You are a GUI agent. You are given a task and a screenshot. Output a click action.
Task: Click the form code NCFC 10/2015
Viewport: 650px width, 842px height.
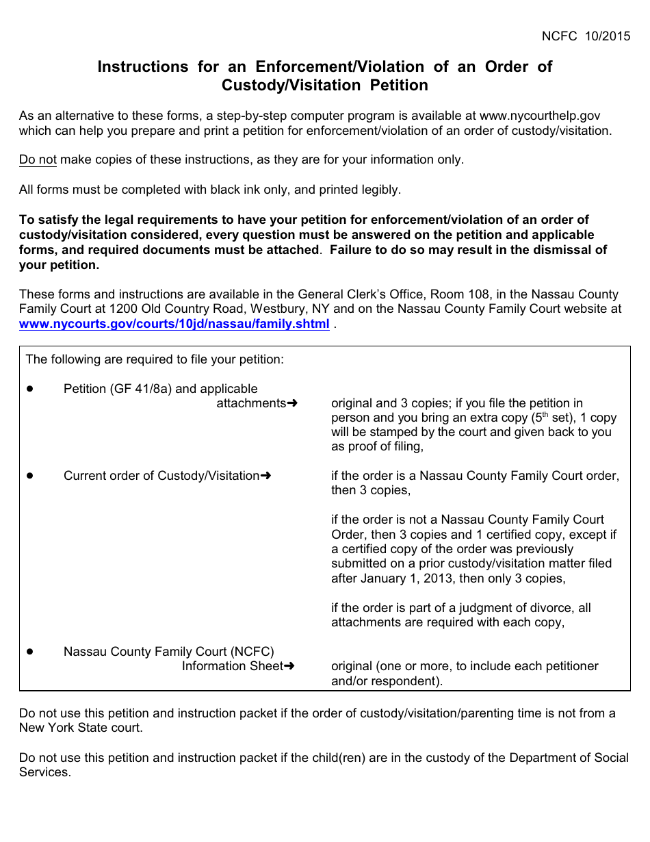(x=586, y=37)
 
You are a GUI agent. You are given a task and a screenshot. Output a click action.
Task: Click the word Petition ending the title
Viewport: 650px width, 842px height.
(x=399, y=86)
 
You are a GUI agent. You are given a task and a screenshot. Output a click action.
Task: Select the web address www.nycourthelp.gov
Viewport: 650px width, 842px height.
(x=540, y=116)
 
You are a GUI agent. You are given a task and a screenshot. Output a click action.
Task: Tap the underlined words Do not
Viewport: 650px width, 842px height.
(x=38, y=160)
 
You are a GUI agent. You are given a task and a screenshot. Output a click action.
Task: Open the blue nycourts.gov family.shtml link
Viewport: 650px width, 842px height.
(x=174, y=324)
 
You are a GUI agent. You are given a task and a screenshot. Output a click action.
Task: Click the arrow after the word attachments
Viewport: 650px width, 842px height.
(x=292, y=403)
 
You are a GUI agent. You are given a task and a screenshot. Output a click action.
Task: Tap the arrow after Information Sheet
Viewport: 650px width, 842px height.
(x=289, y=666)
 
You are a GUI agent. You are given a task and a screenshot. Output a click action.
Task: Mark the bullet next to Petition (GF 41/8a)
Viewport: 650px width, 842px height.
(x=31, y=389)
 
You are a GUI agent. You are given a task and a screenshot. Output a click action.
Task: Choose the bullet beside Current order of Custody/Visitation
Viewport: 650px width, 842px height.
(x=31, y=476)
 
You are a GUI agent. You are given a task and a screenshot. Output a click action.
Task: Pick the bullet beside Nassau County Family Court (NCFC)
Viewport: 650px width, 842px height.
(x=31, y=652)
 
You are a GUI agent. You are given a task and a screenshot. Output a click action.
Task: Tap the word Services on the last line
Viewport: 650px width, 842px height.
(x=44, y=772)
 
